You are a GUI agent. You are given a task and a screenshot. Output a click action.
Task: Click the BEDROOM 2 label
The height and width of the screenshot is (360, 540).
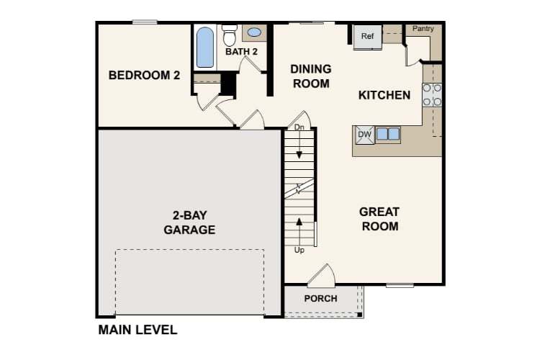[x=144, y=75]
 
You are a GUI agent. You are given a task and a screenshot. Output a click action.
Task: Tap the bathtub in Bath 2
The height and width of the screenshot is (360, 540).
[x=205, y=47]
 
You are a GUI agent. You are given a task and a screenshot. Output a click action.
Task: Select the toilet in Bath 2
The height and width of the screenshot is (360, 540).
[x=230, y=35]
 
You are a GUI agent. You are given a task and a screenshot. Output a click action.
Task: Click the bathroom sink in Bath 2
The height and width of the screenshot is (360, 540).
[x=254, y=32]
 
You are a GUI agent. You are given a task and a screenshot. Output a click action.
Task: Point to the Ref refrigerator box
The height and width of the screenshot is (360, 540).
[x=367, y=37]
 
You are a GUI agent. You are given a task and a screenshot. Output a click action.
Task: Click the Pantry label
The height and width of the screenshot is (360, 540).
[x=423, y=29]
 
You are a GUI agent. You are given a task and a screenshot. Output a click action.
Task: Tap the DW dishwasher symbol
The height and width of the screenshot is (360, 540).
[x=364, y=134]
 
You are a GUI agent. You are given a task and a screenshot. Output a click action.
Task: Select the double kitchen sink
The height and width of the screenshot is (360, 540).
[x=387, y=134]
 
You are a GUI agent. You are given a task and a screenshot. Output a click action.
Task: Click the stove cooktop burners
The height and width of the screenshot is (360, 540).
[x=432, y=95]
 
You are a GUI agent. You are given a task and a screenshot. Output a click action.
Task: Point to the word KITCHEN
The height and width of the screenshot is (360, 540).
[x=384, y=95]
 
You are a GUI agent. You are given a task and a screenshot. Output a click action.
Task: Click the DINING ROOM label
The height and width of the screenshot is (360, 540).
[x=311, y=76]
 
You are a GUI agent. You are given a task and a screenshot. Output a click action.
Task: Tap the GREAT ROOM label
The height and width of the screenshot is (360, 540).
[x=379, y=219]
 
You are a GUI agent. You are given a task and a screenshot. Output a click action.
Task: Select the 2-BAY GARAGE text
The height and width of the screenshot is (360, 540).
[x=189, y=222]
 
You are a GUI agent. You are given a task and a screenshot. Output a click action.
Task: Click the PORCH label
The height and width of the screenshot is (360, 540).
[x=320, y=298]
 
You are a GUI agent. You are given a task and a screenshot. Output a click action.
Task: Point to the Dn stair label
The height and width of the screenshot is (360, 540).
[x=300, y=127]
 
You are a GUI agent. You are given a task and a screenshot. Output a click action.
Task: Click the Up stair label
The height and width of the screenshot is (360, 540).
[x=300, y=250]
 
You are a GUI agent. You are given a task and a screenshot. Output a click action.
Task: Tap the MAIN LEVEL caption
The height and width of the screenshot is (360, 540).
[x=137, y=330]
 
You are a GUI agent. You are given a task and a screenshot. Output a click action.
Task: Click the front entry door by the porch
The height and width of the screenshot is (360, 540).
[x=320, y=276]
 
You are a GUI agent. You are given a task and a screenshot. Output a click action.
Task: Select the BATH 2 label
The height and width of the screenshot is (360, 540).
[x=241, y=52]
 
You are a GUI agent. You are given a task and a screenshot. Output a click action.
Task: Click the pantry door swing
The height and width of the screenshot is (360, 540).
[x=413, y=54]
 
